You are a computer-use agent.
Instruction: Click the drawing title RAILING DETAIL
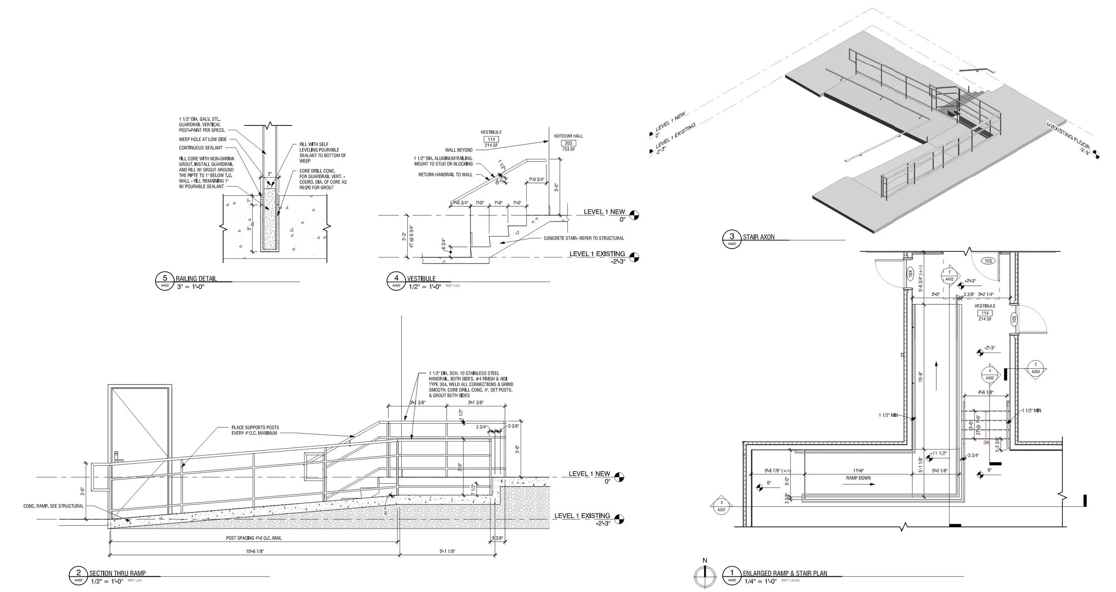coord(196,279)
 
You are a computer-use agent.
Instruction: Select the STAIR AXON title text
coord(758,237)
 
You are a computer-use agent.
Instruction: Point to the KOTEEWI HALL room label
coord(568,136)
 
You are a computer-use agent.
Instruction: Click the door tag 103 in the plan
coord(988,261)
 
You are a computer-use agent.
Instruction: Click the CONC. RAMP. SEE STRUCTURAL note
coord(54,506)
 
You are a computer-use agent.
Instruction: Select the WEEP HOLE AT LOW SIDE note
coord(203,139)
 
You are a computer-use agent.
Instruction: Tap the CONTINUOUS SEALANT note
coord(200,148)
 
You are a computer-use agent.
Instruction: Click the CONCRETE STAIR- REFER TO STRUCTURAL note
coord(583,238)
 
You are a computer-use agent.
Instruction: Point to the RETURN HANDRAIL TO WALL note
coord(445,175)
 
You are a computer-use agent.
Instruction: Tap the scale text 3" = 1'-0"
coord(190,287)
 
